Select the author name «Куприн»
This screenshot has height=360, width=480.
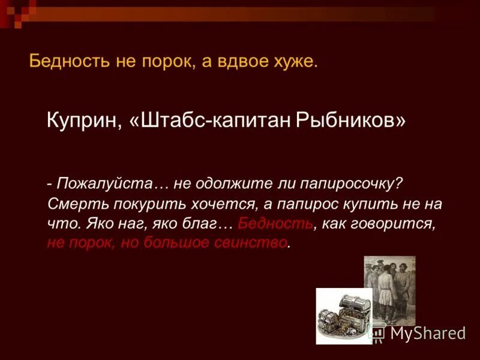coord(83,121)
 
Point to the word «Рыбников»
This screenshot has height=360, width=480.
coord(349,121)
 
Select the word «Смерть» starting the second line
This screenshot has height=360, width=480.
coord(71,203)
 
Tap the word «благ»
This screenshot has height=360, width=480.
coord(200,223)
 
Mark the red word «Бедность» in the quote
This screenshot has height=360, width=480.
coord(275,223)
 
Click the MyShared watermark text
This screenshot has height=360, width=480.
coord(427,334)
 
